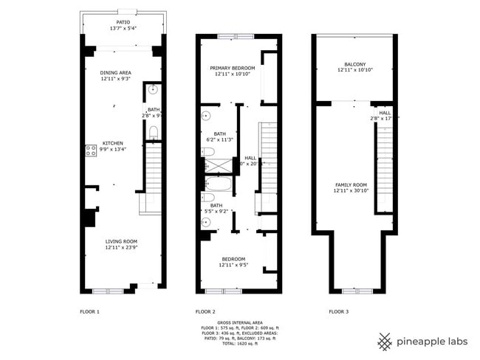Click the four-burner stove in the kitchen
[x=92, y=151]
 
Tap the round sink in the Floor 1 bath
[x=154, y=90]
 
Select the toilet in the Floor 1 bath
[x=153, y=133]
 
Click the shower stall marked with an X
[x=208, y=153]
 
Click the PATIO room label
[x=124, y=21]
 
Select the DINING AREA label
[x=116, y=72]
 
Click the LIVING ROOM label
[x=121, y=241]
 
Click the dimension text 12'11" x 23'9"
[x=121, y=248]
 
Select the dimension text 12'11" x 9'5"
[x=233, y=266]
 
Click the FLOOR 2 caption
[x=205, y=311]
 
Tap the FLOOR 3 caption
[x=339, y=311]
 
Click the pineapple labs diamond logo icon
[x=384, y=342]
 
